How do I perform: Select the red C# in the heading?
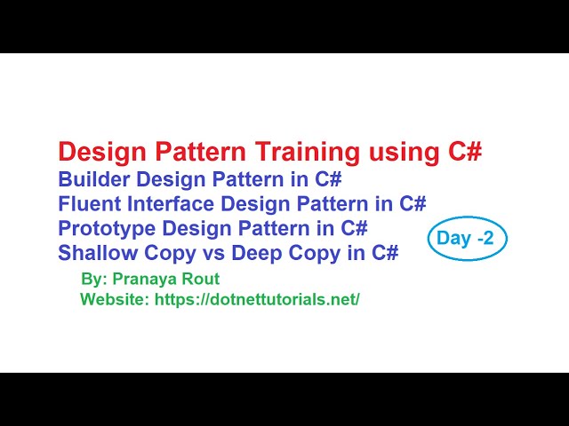pyautogui.click(x=461, y=152)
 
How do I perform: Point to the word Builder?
pyautogui.click(x=92, y=179)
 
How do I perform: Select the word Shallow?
pyautogui.click(x=94, y=254)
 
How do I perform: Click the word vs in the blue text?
pyautogui.click(x=212, y=254)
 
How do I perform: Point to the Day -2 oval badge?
pyautogui.click(x=466, y=239)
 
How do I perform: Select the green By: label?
pyautogui.click(x=92, y=279)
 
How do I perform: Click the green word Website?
pyautogui.click(x=115, y=299)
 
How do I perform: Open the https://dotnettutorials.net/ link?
pyautogui.click(x=257, y=299)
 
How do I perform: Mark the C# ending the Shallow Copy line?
pyautogui.click(x=385, y=254)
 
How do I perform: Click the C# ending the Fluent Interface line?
pyautogui.click(x=413, y=204)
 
